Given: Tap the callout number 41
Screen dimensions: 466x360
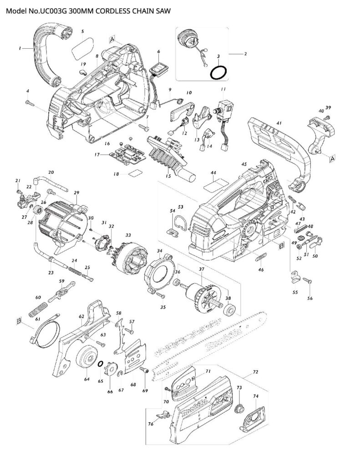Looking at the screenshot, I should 279,123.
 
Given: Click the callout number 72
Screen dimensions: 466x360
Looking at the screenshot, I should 255,371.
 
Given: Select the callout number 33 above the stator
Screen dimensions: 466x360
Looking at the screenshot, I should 128,235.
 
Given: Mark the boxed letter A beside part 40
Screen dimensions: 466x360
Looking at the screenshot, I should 332,158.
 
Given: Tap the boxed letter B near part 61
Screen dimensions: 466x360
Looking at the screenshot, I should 19,322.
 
